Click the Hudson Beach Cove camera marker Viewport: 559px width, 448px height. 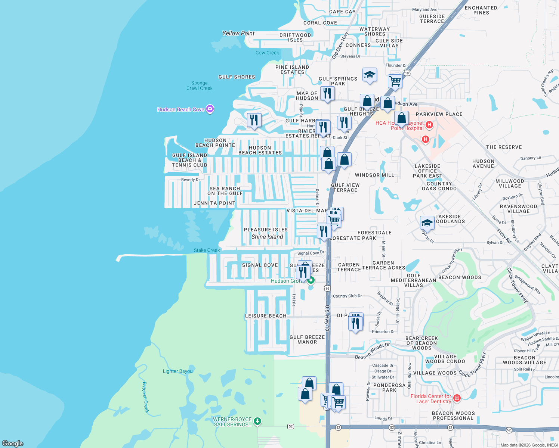210,109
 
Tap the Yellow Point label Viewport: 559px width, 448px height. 238,33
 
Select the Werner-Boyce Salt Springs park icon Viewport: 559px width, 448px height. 257,421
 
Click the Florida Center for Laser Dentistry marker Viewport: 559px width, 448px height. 456,398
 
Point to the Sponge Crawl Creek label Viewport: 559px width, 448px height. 200,85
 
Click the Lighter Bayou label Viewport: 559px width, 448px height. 177,371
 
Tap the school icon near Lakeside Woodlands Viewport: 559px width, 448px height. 427,223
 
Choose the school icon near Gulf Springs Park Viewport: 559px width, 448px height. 369,75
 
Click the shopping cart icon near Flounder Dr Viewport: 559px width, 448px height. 395,80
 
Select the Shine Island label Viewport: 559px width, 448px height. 267,237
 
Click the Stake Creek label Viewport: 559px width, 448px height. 207,250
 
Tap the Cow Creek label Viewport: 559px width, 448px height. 267,53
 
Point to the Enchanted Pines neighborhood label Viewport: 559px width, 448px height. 481,10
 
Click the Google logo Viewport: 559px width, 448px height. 12,443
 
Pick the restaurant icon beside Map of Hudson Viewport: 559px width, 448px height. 327,93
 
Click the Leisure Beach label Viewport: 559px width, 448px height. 266,316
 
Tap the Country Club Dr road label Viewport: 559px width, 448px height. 347,296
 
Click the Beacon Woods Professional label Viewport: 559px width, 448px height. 453,416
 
